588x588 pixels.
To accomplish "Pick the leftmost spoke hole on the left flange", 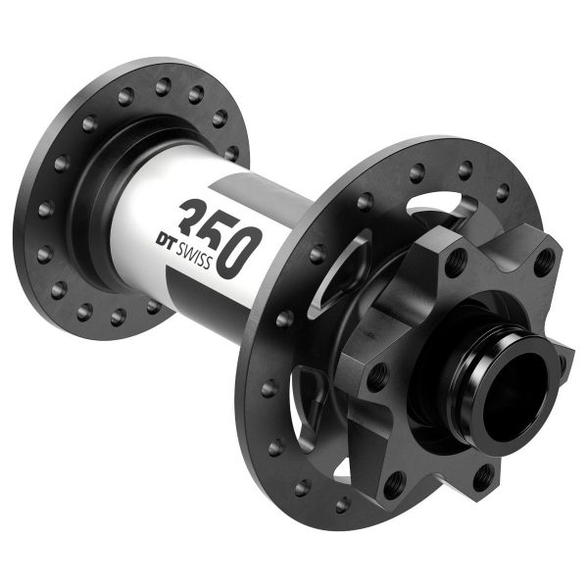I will click(42, 208).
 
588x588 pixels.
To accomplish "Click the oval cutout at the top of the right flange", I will click(439, 205).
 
